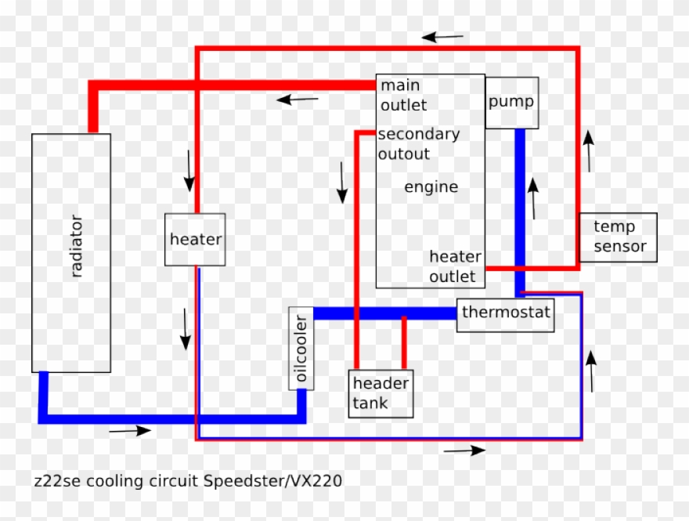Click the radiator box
tap(70, 252)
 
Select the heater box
tap(195, 240)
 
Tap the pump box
tap(512, 103)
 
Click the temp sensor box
tap(618, 237)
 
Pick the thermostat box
tap(506, 313)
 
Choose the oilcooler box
tap(301, 348)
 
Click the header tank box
tap(381, 393)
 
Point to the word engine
tap(431, 187)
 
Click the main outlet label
tap(402, 95)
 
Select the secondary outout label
tap(418, 144)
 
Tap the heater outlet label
tap(454, 266)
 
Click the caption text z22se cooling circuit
tap(117, 480)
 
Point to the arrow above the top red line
tap(442, 37)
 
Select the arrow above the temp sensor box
tap(588, 150)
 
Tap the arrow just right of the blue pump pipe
tap(534, 198)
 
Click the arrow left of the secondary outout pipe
tap(342, 183)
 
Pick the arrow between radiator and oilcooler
tap(186, 329)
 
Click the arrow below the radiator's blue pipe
tap(130, 430)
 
